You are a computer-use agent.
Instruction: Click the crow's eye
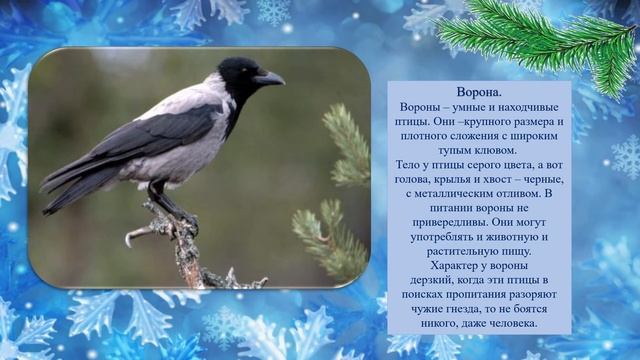tap(245, 71)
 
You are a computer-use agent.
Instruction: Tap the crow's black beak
tap(270, 77)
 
